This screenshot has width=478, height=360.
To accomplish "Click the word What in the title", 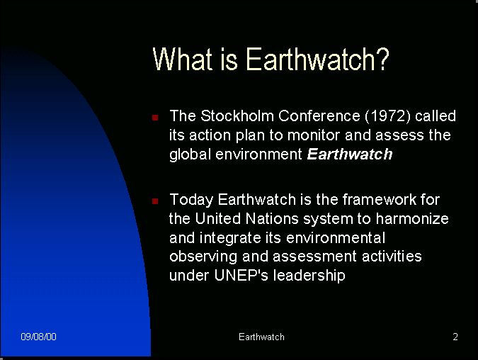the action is point(182,59).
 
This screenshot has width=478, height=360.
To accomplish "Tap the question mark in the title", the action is point(383,59).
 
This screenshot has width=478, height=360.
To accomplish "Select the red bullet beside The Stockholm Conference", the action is point(155,118).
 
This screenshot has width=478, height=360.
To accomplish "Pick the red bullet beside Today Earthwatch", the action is point(155,201).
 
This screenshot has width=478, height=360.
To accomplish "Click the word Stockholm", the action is point(237,116).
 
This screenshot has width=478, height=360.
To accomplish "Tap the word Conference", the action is point(319,116).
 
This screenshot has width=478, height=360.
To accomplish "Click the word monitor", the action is point(314,135).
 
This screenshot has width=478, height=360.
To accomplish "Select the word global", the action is point(190,154).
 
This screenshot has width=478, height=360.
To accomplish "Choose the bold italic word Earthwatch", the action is point(350,154).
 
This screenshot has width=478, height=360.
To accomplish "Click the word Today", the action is point(191,200).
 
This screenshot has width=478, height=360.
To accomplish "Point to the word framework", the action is point(380,200).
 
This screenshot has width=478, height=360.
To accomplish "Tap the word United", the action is point(217,219).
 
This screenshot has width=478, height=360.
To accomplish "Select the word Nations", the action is point(272,219).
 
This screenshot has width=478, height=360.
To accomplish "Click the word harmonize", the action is point(412,219).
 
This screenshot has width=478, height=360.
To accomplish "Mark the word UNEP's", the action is point(241,275).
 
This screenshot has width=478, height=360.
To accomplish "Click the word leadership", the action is point(309,276).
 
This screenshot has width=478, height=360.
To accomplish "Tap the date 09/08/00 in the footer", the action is point(38,337).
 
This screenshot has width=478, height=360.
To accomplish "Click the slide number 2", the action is point(455,337).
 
